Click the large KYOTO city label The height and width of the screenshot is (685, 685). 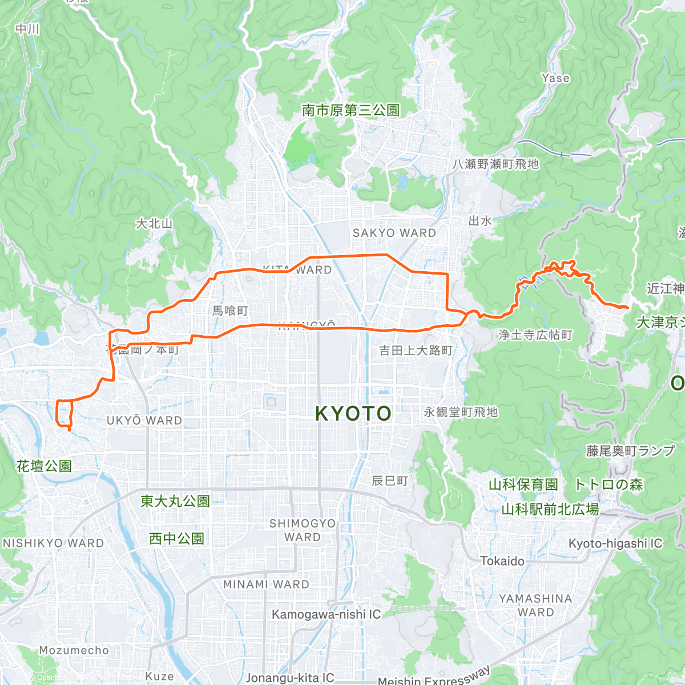coord(353,413)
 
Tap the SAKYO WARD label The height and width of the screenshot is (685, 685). coord(394,233)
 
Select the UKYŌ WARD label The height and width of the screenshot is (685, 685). coord(144,421)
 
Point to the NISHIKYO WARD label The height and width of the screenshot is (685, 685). coord(54,543)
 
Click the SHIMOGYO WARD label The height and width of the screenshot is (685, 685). coord(303,530)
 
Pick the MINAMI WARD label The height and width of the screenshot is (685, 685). coord(266,585)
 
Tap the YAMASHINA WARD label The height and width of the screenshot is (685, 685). coord(535,605)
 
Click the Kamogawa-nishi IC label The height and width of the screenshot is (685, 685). coord(326,614)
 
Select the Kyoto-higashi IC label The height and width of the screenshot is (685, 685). coord(615,543)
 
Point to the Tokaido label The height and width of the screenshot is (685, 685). coord(502,561)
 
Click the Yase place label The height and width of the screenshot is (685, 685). coord(555,78)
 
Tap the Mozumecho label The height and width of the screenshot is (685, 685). coord(74,650)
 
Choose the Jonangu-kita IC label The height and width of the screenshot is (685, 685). coord(290,678)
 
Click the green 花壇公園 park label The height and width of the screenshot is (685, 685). coord(44,466)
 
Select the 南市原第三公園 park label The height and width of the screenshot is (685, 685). coord(350,110)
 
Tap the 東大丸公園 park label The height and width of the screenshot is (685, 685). coord(175,501)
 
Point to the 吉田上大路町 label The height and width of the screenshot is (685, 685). coord(416,350)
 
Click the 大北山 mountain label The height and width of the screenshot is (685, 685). coord(154,224)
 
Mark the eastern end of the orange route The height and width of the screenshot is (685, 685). coord(627,308)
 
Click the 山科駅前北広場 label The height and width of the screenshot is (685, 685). coord(550,509)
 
